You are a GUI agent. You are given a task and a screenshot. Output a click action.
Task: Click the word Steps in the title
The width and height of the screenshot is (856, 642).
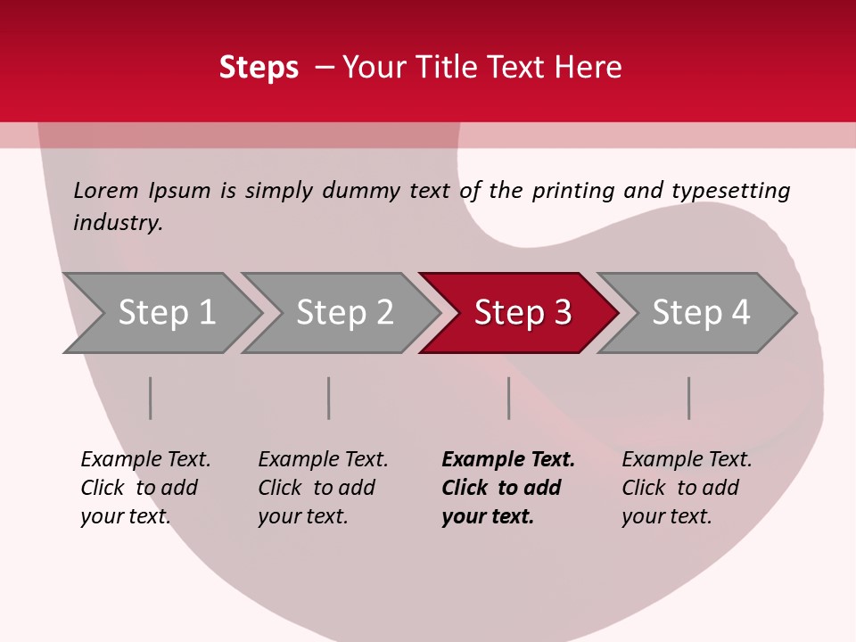click(259, 67)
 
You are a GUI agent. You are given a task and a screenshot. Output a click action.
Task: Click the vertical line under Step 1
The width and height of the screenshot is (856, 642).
click(151, 398)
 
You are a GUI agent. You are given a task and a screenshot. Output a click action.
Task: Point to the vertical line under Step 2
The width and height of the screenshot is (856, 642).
click(329, 398)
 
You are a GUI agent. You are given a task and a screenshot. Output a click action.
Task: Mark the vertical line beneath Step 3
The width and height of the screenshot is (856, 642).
click(509, 398)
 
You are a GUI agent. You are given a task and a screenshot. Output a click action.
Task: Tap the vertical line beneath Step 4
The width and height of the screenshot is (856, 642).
click(689, 398)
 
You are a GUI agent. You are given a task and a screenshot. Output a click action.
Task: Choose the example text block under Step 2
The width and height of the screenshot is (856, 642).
click(322, 487)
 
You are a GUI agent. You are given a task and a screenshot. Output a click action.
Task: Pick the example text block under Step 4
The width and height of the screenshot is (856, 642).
click(686, 487)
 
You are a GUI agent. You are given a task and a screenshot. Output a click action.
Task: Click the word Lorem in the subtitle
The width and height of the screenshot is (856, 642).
click(106, 190)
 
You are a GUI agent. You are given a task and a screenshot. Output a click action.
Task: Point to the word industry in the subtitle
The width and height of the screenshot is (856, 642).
click(118, 222)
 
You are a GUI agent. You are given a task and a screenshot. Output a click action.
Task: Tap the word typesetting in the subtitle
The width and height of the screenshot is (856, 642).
click(730, 191)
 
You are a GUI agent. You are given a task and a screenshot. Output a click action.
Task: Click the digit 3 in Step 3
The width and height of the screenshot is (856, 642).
click(561, 313)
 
